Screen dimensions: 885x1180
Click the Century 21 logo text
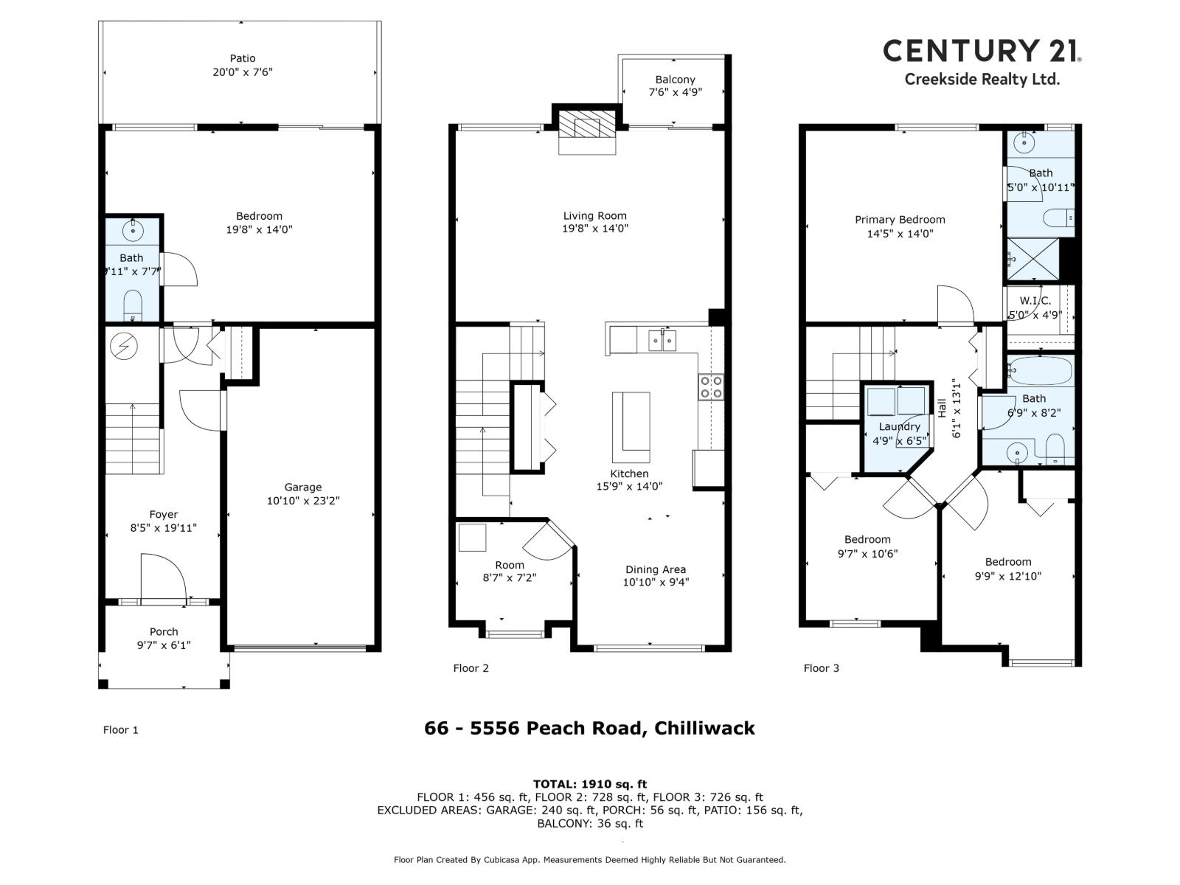pyautogui.click(x=982, y=51)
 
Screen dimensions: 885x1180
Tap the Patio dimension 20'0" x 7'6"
pyautogui.click(x=243, y=72)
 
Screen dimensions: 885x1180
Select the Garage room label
pyautogui.click(x=303, y=487)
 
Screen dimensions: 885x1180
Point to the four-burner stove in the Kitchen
pyautogui.click(x=712, y=387)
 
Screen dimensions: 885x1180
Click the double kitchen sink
pyautogui.click(x=663, y=341)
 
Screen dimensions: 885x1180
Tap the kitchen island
pyautogui.click(x=631, y=426)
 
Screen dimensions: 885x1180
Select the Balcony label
pyautogui.click(x=675, y=80)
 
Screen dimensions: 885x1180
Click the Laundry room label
pyautogui.click(x=900, y=426)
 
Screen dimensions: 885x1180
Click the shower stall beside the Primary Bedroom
pyautogui.click(x=1033, y=260)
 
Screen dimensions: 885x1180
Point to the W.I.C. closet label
pyautogui.click(x=1035, y=301)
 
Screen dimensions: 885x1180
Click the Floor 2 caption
pyautogui.click(x=471, y=668)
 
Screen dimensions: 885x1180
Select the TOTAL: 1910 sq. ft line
pyautogui.click(x=590, y=784)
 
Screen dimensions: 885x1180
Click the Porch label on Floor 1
pyautogui.click(x=164, y=631)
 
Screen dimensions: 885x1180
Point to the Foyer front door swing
pyautogui.click(x=162, y=575)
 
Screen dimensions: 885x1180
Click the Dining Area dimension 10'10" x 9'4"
pyautogui.click(x=656, y=582)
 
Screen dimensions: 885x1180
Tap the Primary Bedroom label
pyautogui.click(x=900, y=220)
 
